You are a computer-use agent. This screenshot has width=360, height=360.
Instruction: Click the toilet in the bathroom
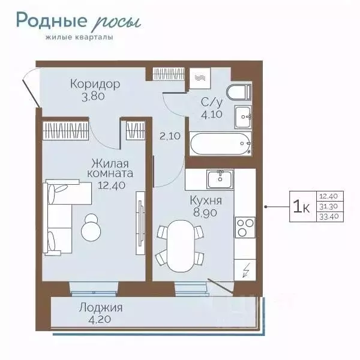[239, 92]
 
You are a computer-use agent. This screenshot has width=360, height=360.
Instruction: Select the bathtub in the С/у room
[221, 144]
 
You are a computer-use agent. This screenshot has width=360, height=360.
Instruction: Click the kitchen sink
[220, 179]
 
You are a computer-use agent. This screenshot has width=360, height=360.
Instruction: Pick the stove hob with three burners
[245, 227]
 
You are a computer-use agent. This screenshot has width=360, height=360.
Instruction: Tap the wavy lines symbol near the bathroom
[200, 78]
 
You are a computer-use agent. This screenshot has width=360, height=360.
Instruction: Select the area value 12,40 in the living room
[112, 185]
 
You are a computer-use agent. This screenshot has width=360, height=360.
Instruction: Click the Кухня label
[206, 201]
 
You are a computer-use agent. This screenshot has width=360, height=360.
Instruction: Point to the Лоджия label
[101, 308]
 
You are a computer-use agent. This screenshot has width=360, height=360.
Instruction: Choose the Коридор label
[95, 84]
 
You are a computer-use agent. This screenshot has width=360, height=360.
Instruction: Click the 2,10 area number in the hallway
[170, 136]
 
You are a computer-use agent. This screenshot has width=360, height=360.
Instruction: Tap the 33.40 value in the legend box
[329, 217]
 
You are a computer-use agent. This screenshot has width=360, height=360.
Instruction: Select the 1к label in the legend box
[302, 206]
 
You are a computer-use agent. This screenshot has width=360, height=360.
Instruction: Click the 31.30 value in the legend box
[328, 206]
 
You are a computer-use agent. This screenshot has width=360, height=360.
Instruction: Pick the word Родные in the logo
[52, 20]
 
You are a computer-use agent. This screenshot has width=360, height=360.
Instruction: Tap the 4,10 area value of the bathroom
[212, 114]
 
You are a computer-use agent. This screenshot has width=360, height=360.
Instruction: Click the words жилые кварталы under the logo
[79, 37]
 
